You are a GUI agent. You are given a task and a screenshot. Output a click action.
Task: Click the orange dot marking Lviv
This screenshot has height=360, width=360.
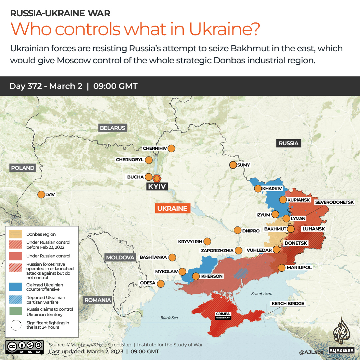[x=41, y=194]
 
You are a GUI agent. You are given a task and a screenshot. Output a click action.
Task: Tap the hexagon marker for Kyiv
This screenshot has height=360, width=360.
[x=157, y=178]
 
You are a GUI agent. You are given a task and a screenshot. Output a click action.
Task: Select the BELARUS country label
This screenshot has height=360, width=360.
[x=113, y=128]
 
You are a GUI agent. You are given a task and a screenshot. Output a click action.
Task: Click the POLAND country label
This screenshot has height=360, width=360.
[x=23, y=168]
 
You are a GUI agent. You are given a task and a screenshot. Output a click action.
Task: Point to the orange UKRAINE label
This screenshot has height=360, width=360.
[x=172, y=208]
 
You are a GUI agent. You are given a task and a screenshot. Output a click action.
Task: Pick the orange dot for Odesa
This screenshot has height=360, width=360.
[x=161, y=284]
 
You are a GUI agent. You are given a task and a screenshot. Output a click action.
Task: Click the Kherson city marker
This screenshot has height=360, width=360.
[x=196, y=276]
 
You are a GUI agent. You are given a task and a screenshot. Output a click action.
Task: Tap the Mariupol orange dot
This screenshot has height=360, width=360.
[x=281, y=267]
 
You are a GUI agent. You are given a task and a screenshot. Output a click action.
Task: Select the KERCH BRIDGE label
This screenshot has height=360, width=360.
[x=288, y=303]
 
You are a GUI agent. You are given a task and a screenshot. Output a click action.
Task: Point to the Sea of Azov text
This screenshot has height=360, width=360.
[x=262, y=293]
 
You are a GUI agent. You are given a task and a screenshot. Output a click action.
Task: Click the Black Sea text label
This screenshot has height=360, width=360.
[x=169, y=318]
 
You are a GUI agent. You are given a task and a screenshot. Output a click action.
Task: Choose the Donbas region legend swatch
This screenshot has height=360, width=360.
[x=16, y=234]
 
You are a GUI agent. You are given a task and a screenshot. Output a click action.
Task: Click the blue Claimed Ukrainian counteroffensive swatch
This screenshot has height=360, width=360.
[x=16, y=287]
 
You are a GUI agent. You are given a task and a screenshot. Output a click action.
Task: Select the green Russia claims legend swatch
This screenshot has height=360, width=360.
[x=16, y=312]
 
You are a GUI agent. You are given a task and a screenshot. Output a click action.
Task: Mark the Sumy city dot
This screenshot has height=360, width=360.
[x=233, y=165]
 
